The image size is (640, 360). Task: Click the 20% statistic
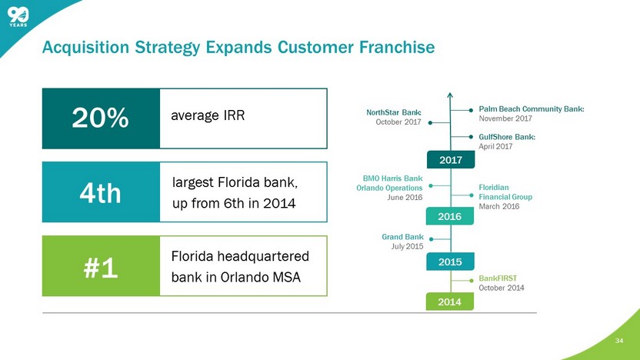coord(100,118)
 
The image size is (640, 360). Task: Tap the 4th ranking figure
coord(100,192)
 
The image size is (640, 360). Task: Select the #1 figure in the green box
coord(100,266)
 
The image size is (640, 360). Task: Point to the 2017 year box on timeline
coord(450,161)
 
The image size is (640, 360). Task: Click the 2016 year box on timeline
coord(450,217)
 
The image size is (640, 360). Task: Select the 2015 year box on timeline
coord(450,262)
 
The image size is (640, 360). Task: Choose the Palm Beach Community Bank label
coord(532,109)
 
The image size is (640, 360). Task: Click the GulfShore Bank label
coord(506,137)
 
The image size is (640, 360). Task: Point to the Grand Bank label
coord(402,236)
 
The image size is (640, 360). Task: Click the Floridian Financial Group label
coord(505,192)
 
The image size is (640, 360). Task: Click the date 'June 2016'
coord(405,198)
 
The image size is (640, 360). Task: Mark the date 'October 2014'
coord(502,288)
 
